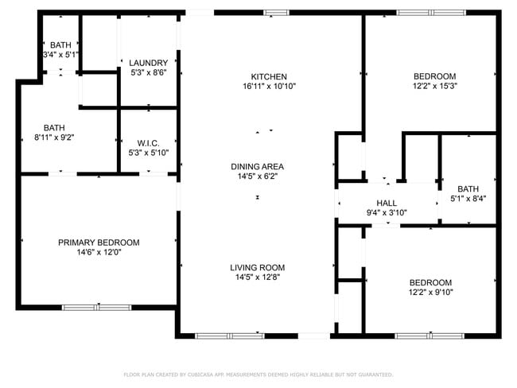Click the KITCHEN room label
point(269,76)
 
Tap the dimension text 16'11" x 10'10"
point(269,86)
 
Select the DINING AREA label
point(257,166)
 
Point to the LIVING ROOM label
point(257,267)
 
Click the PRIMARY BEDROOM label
point(99,242)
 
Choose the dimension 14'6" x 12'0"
point(99,252)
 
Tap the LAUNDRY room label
point(149,63)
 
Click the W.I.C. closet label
point(149,143)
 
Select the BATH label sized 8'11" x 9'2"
point(54,127)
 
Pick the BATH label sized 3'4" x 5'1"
point(60,45)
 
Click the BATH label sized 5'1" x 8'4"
point(468,188)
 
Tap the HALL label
point(387,203)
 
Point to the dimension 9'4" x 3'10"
point(387,212)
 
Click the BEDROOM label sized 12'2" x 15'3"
point(434,76)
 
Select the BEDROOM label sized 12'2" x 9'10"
point(430,282)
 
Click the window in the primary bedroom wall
point(96,307)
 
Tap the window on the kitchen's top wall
point(277,12)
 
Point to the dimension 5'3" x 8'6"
point(149,72)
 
